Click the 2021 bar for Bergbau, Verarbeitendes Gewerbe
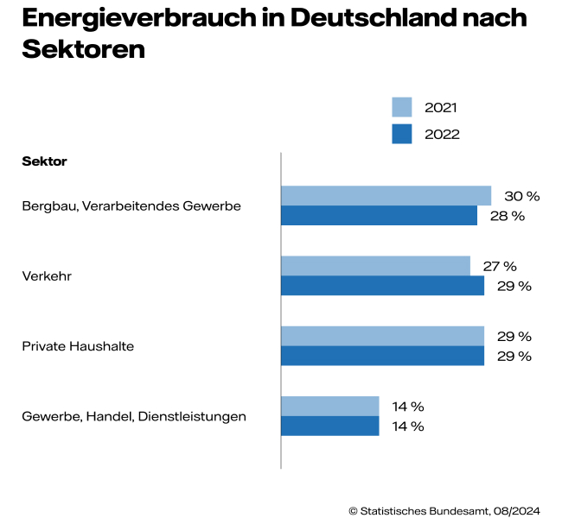pyautogui.click(x=386, y=195)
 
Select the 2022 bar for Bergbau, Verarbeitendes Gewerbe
pyautogui.click(x=379, y=215)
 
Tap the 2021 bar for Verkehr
pyautogui.click(x=375, y=265)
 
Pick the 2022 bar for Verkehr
pyautogui.click(x=382, y=285)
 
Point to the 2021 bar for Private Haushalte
pyautogui.click(x=382, y=336)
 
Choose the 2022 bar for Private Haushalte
pyautogui.click(x=382, y=356)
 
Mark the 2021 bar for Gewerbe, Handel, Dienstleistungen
pyautogui.click(x=330, y=406)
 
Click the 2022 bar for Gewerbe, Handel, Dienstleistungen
pyautogui.click(x=330, y=426)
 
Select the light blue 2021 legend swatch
pyautogui.click(x=402, y=107)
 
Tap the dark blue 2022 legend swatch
pyautogui.click(x=402, y=134)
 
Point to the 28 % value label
pyautogui.click(x=508, y=216)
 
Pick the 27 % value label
pyautogui.click(x=500, y=266)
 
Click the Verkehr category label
pyautogui.click(x=46, y=276)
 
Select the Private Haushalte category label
pyautogui.click(x=78, y=346)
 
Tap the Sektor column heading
pyautogui.click(x=44, y=161)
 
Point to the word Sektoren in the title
pyautogui.click(x=83, y=49)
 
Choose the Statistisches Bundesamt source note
pyautogui.click(x=444, y=510)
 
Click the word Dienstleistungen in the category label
pyautogui.click(x=202, y=416)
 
